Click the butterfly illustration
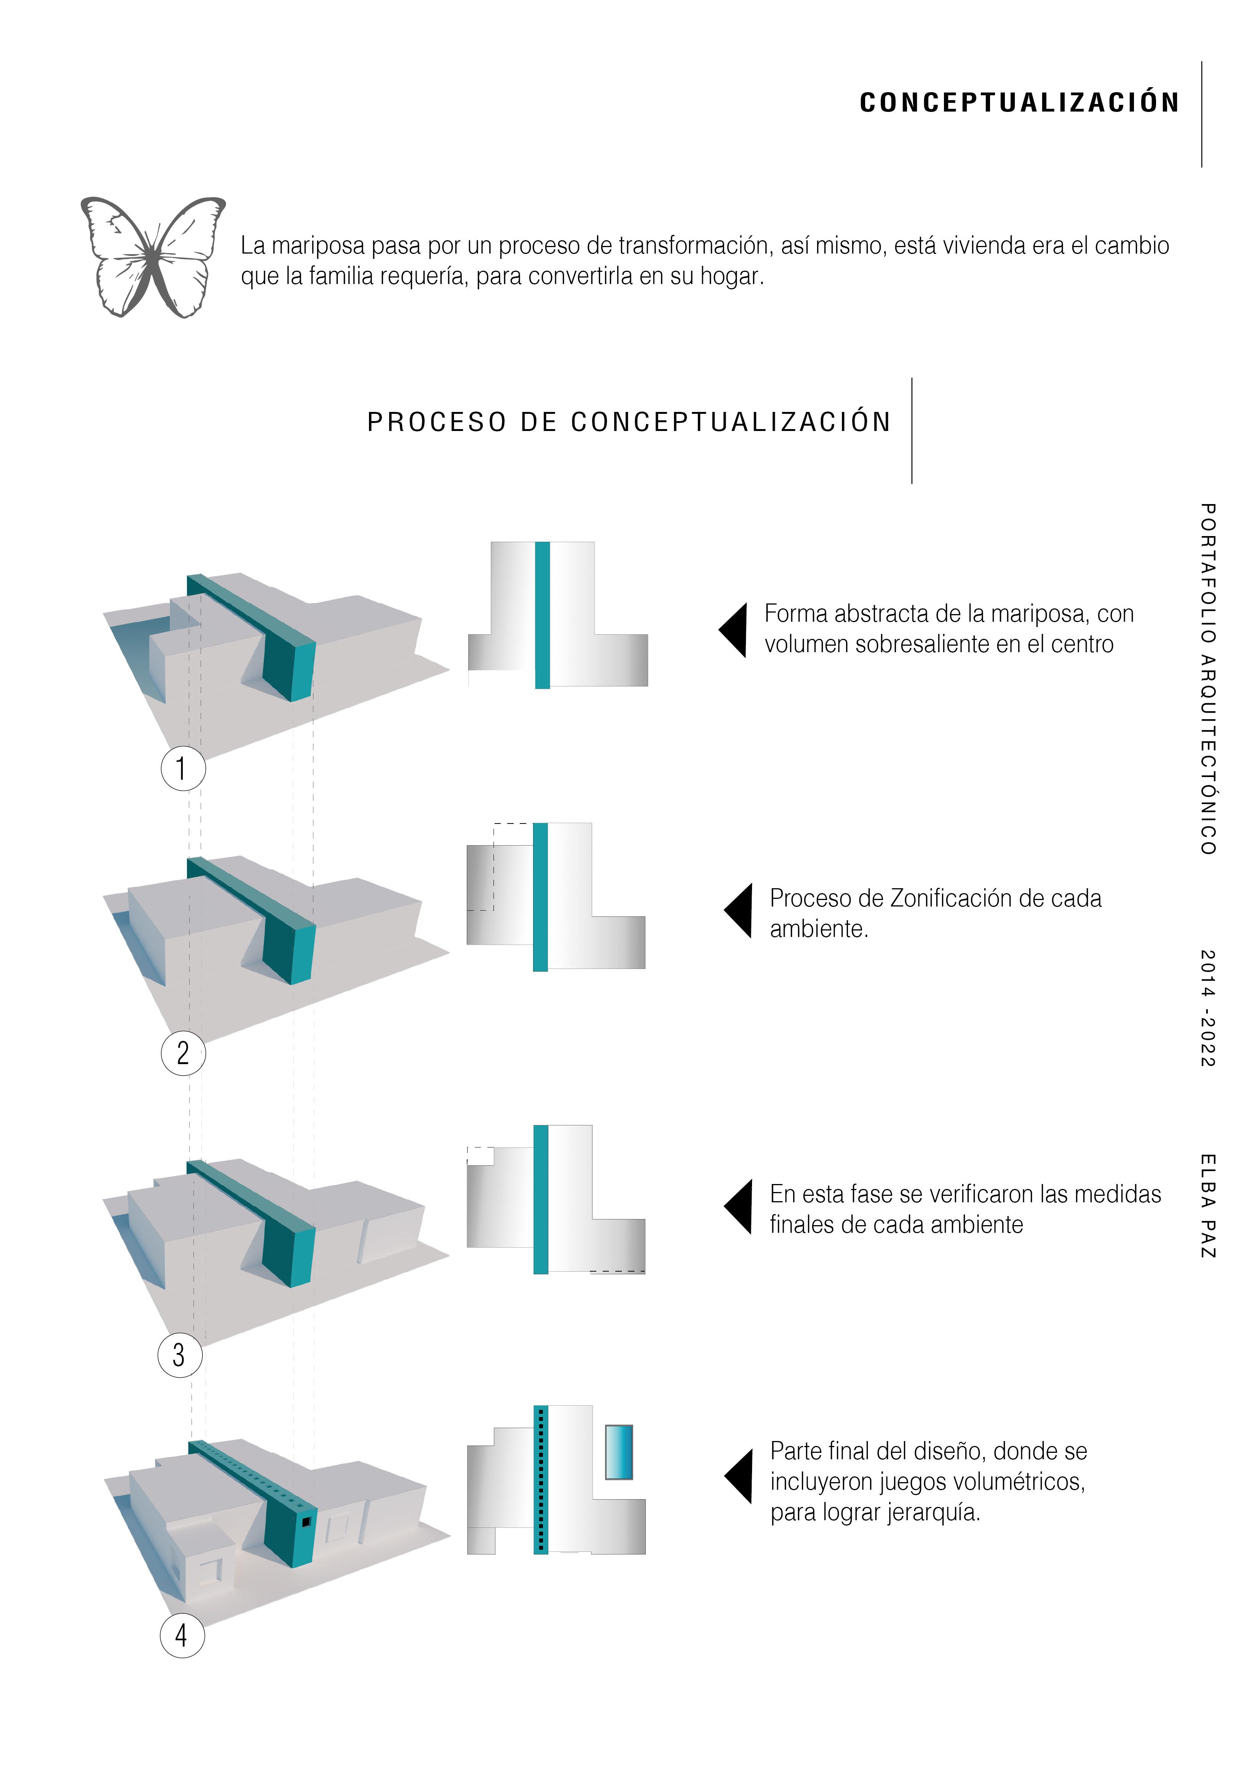pyautogui.click(x=153, y=257)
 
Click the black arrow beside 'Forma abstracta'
pyautogui.click(x=734, y=630)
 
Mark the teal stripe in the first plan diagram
pyautogui.click(x=542, y=615)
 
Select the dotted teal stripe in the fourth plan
pyautogui.click(x=541, y=1480)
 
